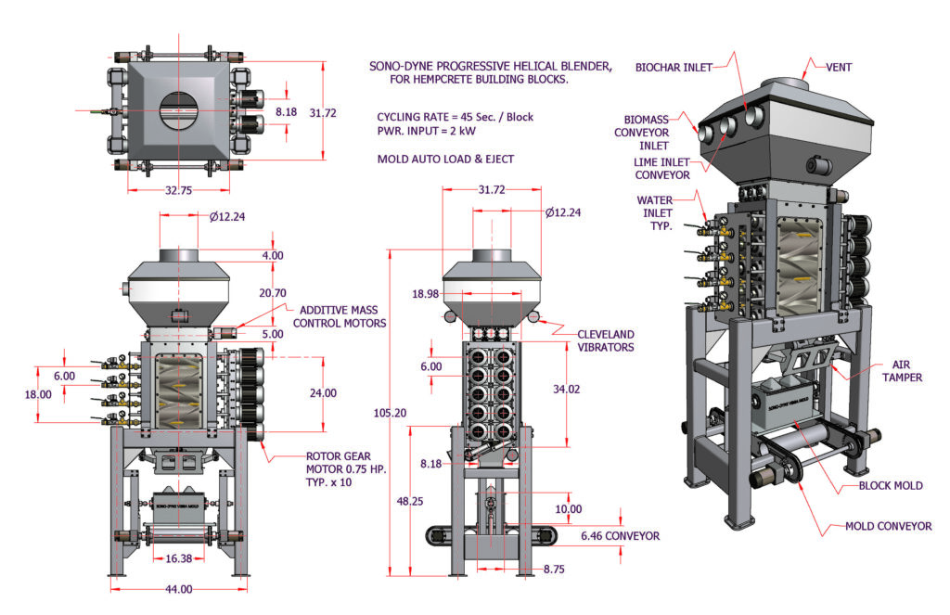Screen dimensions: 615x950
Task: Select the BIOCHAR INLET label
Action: tap(677, 68)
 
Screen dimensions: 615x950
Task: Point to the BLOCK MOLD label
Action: tap(891, 485)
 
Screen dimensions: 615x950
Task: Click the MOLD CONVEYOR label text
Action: tap(887, 526)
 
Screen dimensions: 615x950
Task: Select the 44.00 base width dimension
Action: tap(179, 589)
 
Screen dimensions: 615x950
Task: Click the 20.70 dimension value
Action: tap(271, 293)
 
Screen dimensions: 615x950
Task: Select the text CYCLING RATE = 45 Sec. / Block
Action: tap(455, 118)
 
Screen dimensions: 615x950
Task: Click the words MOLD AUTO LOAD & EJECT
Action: tap(445, 159)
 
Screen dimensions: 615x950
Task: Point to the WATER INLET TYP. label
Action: tap(655, 213)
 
